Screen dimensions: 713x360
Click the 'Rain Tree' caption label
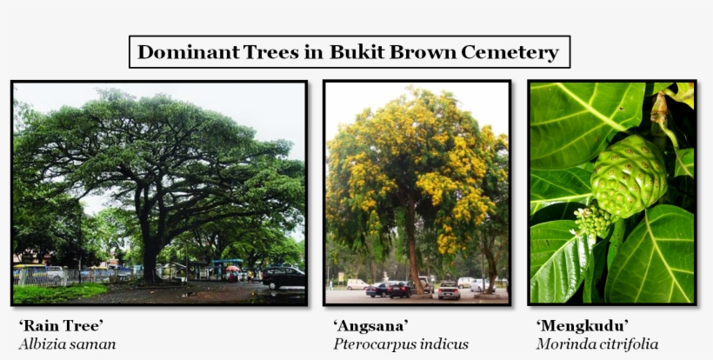61,326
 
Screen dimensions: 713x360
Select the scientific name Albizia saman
67,344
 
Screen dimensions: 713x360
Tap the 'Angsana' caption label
370,326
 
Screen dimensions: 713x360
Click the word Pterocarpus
374,344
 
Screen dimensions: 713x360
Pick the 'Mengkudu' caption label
583,326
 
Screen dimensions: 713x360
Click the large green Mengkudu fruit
628,177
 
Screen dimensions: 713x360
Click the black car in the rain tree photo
283,277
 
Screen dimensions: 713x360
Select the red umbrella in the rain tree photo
232,269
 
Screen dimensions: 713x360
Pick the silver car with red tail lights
449,291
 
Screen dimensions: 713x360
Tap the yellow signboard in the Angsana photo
341,277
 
